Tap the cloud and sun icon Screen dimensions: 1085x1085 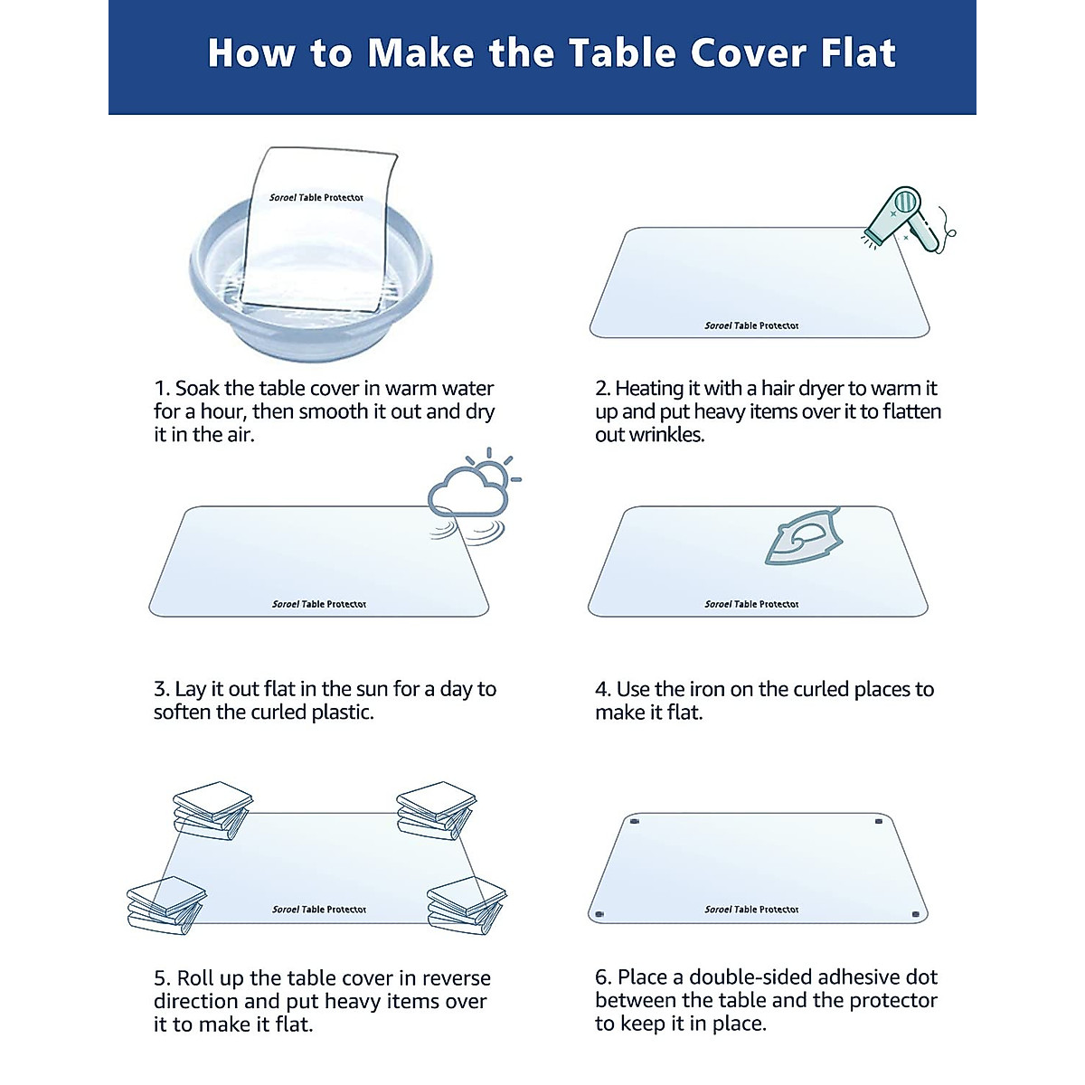point(472,494)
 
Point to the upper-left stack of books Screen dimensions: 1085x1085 point(212,809)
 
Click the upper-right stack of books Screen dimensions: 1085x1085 point(436,809)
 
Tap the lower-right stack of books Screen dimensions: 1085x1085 point(467,904)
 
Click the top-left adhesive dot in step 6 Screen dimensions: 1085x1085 point(634,822)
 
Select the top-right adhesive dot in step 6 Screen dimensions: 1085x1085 point(879,822)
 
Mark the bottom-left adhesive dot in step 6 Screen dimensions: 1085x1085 point(599,915)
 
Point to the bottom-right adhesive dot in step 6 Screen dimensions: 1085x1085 point(916,915)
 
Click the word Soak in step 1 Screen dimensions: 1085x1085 point(196,389)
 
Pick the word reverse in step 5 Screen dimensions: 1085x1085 point(457,978)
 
